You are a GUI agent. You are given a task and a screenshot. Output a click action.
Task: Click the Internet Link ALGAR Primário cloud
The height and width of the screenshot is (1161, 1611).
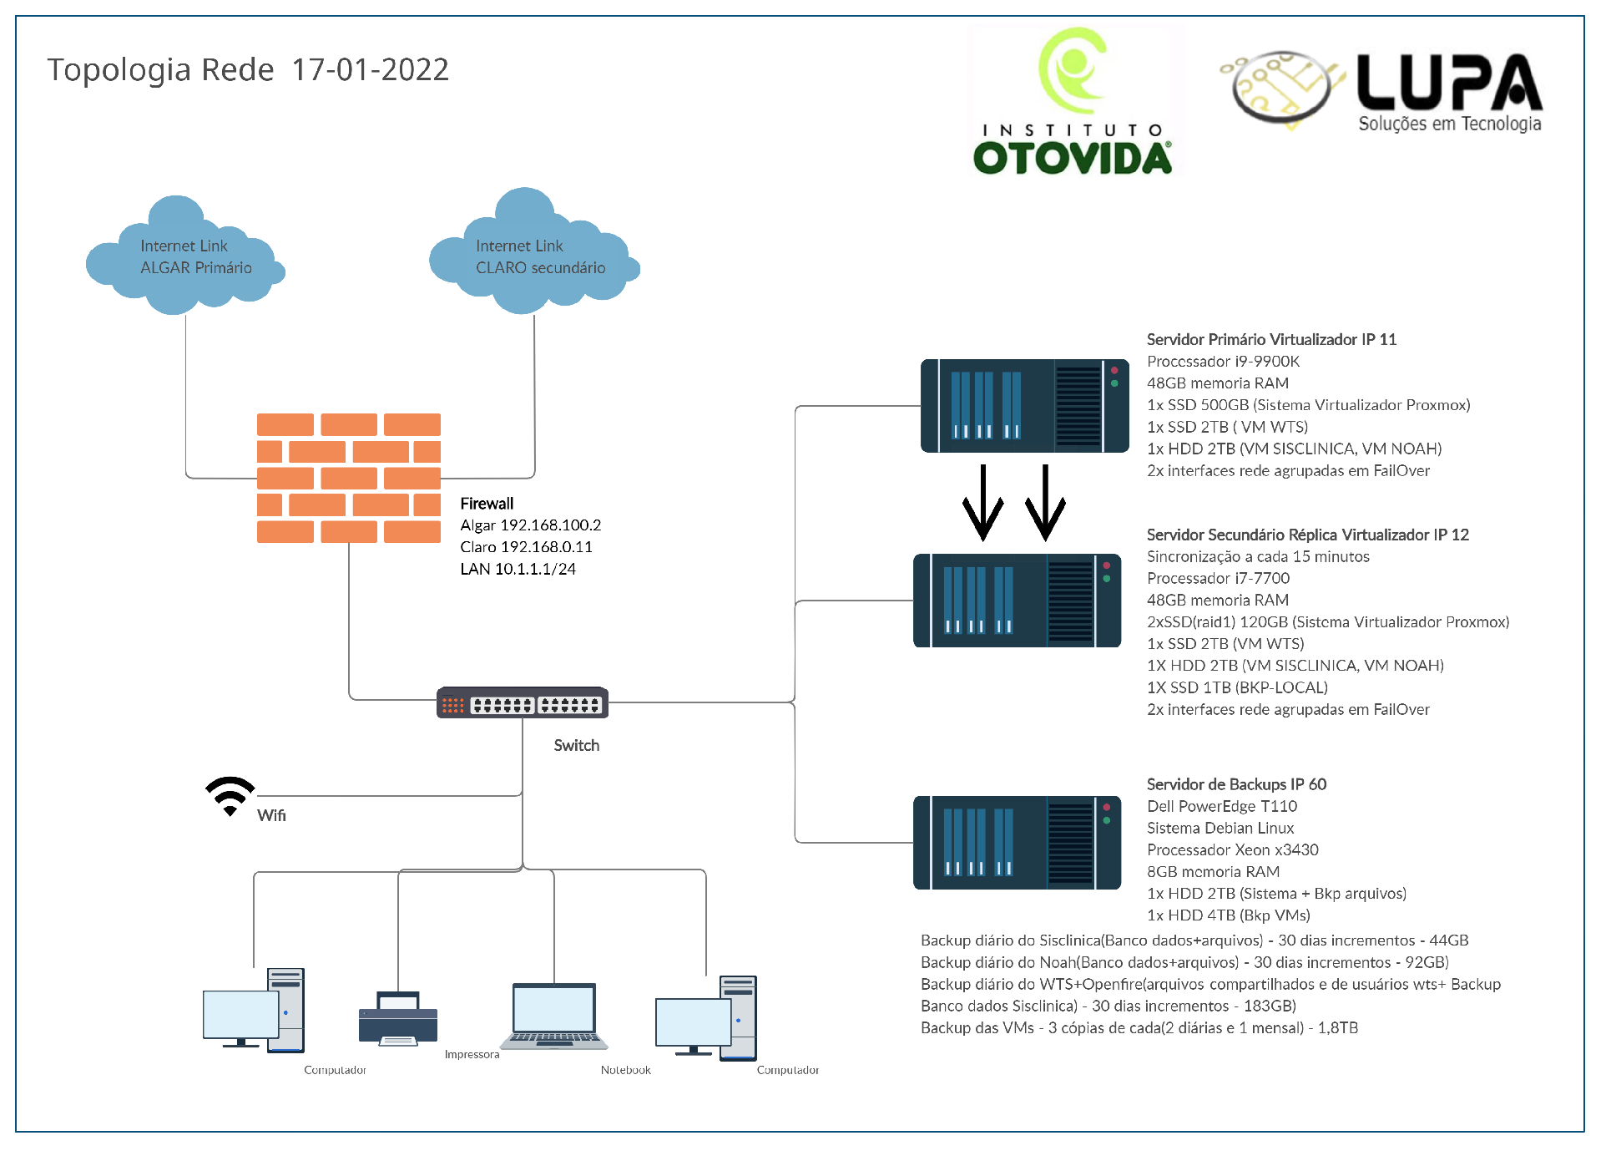pos(185,256)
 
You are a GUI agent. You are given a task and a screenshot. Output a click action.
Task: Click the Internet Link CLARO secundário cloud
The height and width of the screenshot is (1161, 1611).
pos(534,251)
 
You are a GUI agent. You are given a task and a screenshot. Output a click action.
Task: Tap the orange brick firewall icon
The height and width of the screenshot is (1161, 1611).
pos(349,478)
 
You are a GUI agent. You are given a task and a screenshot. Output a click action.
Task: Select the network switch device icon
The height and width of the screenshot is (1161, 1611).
pos(523,703)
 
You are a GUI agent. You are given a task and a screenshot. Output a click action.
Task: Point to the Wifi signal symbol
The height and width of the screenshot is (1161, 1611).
pos(230,796)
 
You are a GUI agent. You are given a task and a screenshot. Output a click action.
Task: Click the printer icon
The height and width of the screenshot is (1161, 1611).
pos(398,1018)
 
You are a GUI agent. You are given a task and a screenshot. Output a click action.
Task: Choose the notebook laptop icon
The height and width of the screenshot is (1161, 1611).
pos(554,1016)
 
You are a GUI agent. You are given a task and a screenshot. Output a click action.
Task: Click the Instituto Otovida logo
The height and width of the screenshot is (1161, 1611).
pos(1074,101)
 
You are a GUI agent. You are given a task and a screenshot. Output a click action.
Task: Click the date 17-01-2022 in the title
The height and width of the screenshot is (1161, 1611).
pos(371,69)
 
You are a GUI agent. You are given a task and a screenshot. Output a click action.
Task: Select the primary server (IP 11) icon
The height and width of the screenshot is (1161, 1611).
pos(1025,406)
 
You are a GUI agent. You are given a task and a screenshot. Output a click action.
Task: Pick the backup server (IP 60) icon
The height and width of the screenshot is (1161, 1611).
pos(1018,843)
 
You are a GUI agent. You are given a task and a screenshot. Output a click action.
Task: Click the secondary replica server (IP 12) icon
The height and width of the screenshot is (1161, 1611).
pos(1018,601)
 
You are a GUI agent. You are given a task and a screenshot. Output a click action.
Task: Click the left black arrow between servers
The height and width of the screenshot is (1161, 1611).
pos(983,503)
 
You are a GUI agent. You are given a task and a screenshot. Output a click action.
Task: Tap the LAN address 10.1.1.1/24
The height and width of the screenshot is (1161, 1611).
pos(535,569)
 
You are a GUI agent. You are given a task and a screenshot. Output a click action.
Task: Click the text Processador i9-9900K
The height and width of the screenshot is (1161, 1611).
pos(1223,362)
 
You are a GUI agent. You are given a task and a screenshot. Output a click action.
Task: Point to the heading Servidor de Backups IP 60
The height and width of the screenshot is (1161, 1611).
pos(1236,784)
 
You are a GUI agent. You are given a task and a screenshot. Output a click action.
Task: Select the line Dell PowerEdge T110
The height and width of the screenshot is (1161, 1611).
pos(1222,806)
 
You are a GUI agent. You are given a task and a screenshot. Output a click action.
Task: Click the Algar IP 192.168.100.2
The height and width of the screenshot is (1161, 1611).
pos(550,525)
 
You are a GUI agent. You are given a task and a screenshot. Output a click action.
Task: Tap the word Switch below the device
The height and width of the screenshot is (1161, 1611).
pos(577,745)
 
